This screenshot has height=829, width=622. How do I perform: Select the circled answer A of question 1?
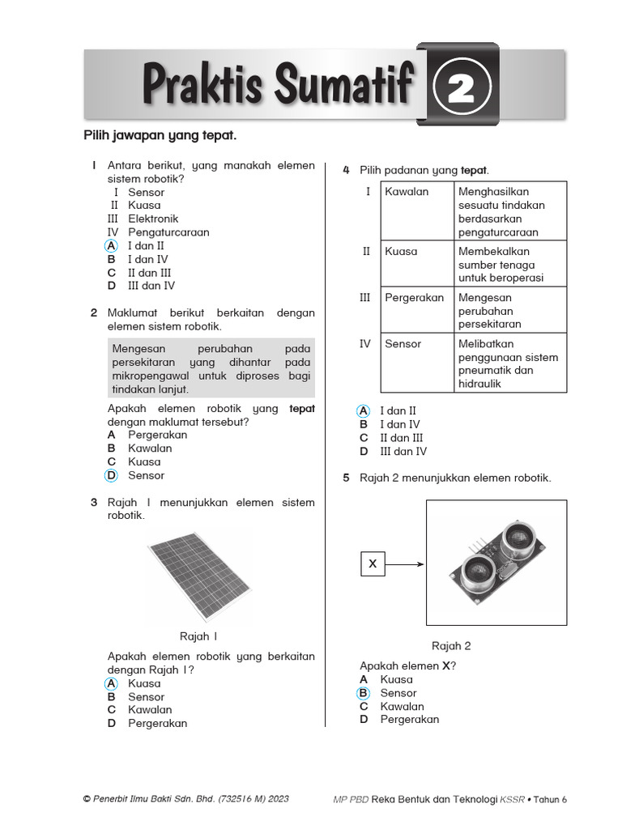[112, 246]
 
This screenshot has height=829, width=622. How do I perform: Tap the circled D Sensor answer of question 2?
[112, 475]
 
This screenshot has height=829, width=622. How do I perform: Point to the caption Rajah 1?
[198, 636]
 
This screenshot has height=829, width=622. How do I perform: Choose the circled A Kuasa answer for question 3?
[112, 683]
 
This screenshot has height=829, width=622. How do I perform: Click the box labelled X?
[373, 563]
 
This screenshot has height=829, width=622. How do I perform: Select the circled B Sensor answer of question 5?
[364, 693]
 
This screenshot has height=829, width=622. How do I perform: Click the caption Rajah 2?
[451, 646]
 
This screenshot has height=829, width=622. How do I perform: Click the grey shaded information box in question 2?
[211, 368]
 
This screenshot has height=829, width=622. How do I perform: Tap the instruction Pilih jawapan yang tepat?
[160, 135]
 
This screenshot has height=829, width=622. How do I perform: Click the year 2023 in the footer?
[276, 799]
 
